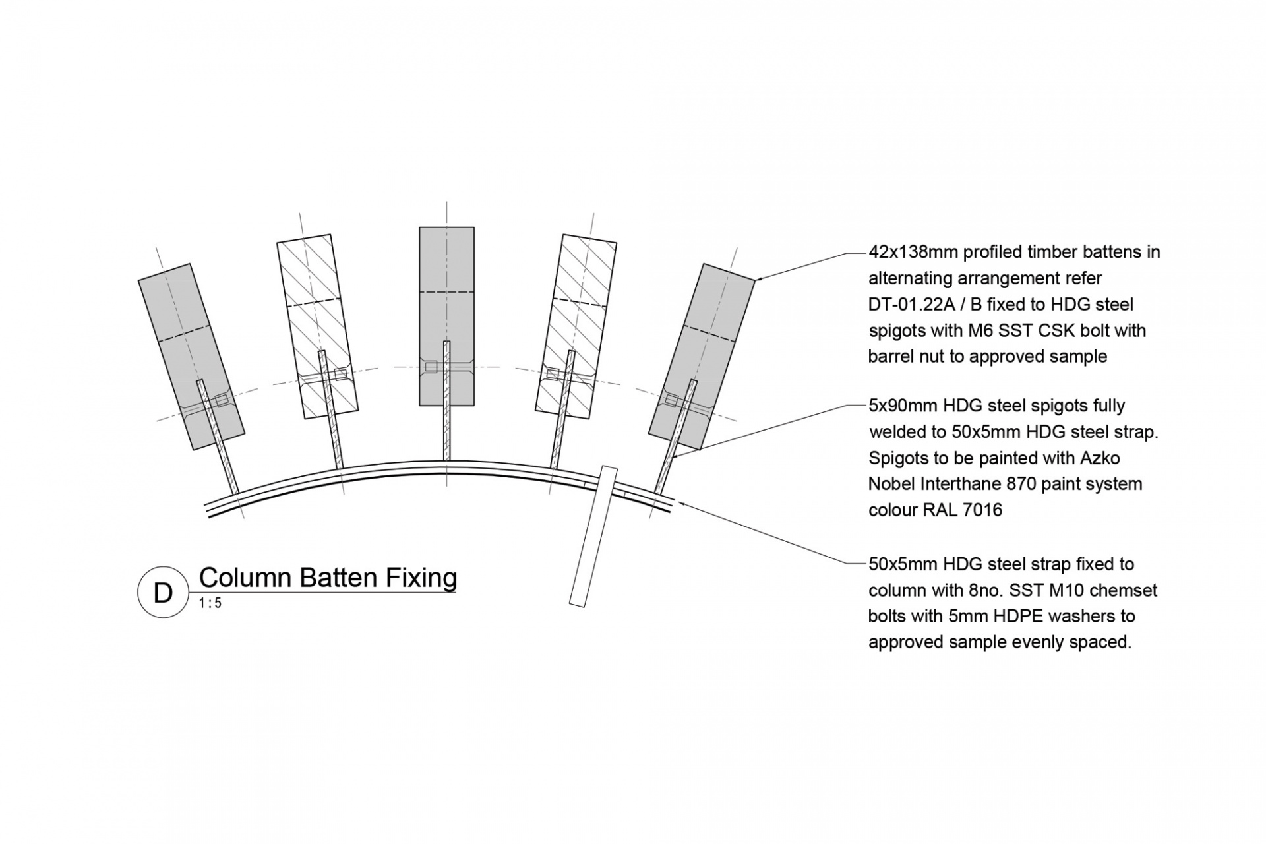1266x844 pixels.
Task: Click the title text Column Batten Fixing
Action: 328,578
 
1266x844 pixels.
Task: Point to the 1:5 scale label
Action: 210,603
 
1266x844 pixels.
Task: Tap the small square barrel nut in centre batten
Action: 431,367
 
